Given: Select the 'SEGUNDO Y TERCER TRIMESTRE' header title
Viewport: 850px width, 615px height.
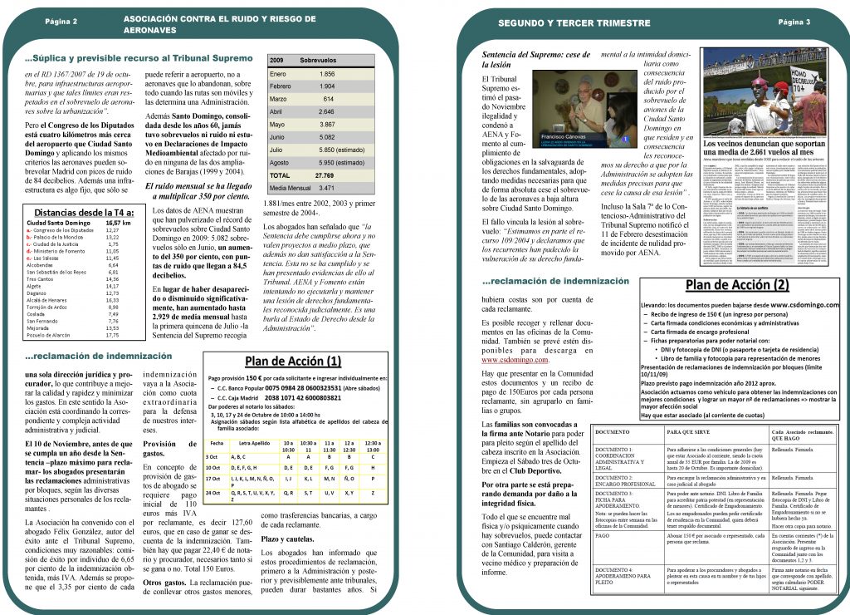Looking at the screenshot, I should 564,22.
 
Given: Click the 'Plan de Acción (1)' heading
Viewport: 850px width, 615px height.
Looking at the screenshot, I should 293,362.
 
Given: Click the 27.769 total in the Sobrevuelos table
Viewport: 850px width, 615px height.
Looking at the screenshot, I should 324,176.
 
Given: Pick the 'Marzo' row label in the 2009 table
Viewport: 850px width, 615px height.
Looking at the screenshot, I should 280,98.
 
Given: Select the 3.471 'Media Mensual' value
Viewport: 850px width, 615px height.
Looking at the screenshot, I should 326,189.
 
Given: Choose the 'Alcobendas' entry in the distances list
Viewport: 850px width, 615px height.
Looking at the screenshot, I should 42,264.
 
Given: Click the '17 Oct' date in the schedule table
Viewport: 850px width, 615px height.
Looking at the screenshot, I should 212,479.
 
